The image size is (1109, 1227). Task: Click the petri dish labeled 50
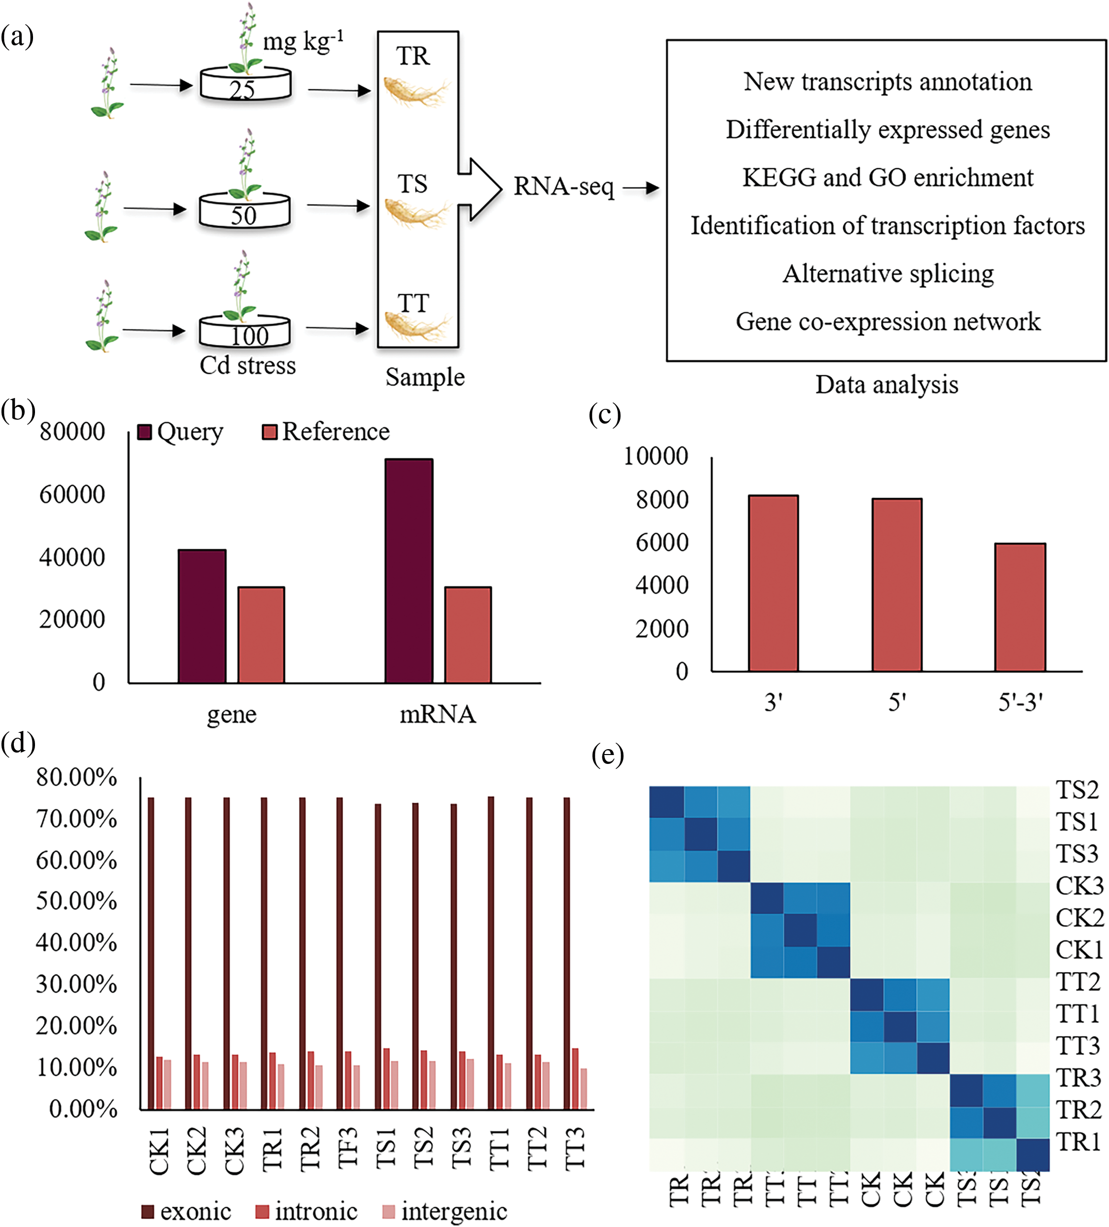click(244, 211)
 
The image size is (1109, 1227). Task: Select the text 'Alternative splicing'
click(888, 274)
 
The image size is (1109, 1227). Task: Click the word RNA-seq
click(563, 187)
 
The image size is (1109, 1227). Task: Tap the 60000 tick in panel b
click(72, 495)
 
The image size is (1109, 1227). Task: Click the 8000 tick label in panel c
click(662, 500)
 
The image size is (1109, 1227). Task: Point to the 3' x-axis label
click(773, 702)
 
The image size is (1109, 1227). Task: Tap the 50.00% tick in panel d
click(76, 902)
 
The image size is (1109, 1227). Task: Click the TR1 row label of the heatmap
click(1078, 1142)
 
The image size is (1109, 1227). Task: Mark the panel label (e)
click(607, 756)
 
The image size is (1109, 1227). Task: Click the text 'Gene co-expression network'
click(888, 322)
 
